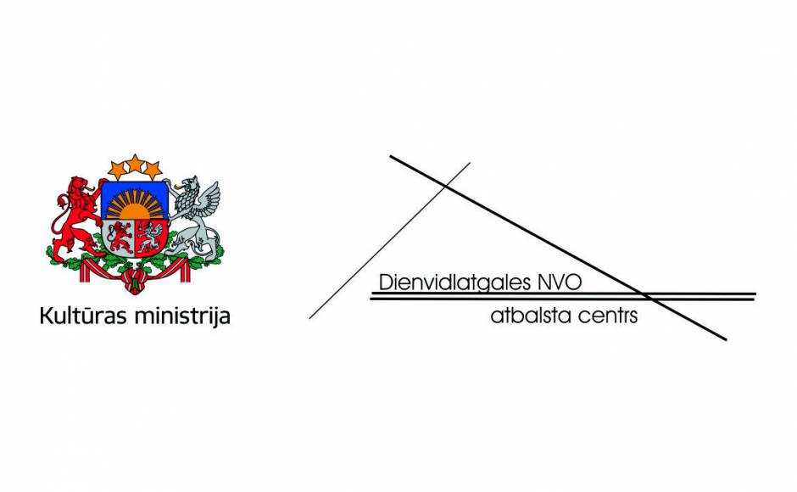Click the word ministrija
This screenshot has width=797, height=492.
(x=183, y=316)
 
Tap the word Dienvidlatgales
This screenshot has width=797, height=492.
(x=455, y=282)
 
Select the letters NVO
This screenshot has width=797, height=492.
(x=559, y=282)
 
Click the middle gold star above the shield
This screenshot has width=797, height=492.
(x=135, y=164)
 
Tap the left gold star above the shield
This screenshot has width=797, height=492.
(x=117, y=170)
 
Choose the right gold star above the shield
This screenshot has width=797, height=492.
(x=153, y=170)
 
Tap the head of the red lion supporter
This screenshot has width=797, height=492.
(x=81, y=187)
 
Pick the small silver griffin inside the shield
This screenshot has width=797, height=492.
(x=151, y=238)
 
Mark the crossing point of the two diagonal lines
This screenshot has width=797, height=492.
(x=446, y=187)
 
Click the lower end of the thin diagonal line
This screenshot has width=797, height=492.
(x=310, y=318)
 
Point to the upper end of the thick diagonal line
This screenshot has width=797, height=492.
(x=391, y=156)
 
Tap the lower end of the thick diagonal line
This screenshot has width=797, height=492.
(x=726, y=339)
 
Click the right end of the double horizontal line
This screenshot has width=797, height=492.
(x=755, y=297)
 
